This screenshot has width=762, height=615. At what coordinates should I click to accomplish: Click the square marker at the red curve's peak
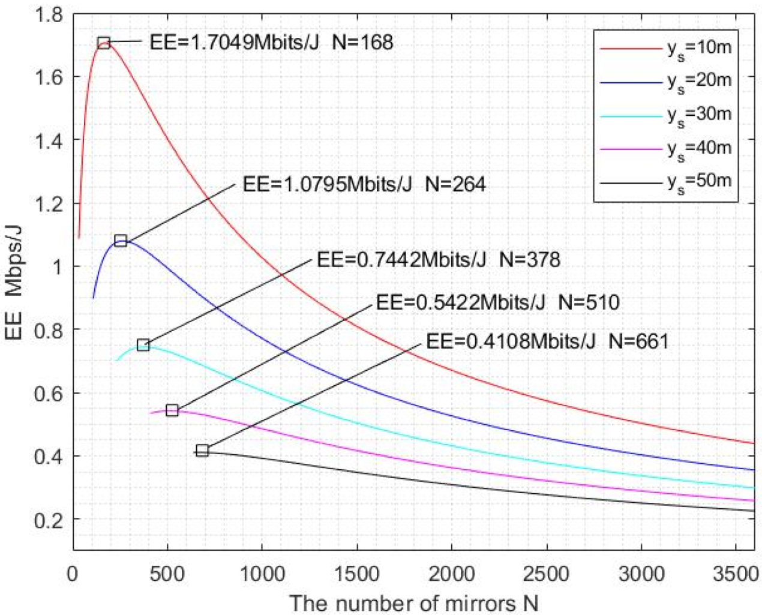coord(104,43)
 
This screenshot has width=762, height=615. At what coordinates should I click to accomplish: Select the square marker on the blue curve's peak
coord(121,241)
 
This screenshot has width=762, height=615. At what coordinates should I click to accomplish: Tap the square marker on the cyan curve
coord(143,345)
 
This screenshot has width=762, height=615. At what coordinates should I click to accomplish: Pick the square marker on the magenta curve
coord(172,410)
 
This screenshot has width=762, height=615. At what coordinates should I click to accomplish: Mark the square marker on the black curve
coord(202,451)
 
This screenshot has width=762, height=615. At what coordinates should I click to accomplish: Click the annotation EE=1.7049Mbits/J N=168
coord(271,42)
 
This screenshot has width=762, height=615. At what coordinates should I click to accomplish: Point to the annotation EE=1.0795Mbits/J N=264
coord(364,184)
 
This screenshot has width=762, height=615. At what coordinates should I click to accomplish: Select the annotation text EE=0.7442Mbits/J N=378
coord(438,260)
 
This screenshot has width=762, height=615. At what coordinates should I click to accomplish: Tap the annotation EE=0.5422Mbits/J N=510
coord(497,302)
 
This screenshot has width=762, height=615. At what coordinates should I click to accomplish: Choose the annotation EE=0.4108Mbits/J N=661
coord(547,341)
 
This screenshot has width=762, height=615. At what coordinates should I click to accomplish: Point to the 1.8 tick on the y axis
coord(50,14)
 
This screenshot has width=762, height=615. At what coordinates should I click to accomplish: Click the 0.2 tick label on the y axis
coord(50,520)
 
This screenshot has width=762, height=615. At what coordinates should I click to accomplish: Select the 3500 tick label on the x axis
coord(736,574)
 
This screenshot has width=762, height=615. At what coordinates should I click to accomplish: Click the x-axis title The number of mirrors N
coord(413,602)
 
